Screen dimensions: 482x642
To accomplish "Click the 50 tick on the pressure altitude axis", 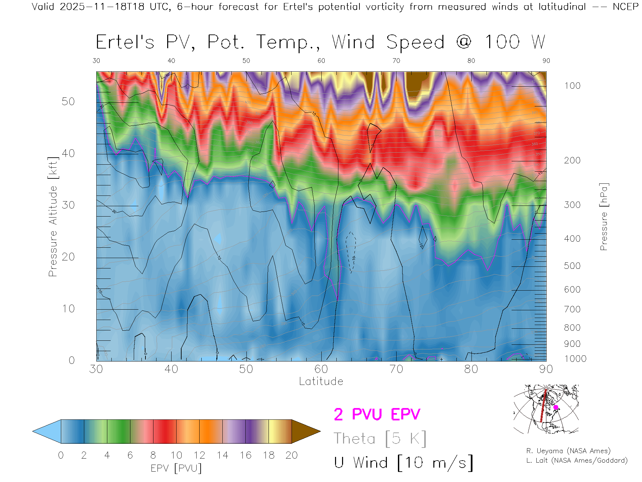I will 68,101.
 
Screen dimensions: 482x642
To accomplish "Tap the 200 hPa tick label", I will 572,160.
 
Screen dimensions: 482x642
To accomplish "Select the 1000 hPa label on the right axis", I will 575,359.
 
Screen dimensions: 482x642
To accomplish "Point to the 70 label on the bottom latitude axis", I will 396,369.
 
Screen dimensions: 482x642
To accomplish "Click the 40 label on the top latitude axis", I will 171,61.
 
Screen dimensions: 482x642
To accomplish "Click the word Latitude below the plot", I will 321,382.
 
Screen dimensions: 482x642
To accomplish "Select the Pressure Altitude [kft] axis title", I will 53,217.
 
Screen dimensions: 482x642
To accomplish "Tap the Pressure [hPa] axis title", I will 604,217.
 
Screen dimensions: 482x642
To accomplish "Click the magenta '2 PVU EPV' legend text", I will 377,414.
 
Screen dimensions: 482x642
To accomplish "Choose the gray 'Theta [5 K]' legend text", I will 380,438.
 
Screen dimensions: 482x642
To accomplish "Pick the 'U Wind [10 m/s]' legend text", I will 404,463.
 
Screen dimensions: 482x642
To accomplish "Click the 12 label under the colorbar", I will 199,455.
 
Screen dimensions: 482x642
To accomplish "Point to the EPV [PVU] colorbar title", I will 176,468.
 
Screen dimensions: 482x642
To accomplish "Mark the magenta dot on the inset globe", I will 556,407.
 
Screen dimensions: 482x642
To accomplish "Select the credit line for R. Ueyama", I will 568,451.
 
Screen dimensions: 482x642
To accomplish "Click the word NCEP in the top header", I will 625,7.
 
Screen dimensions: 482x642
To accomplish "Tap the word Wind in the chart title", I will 353,42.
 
